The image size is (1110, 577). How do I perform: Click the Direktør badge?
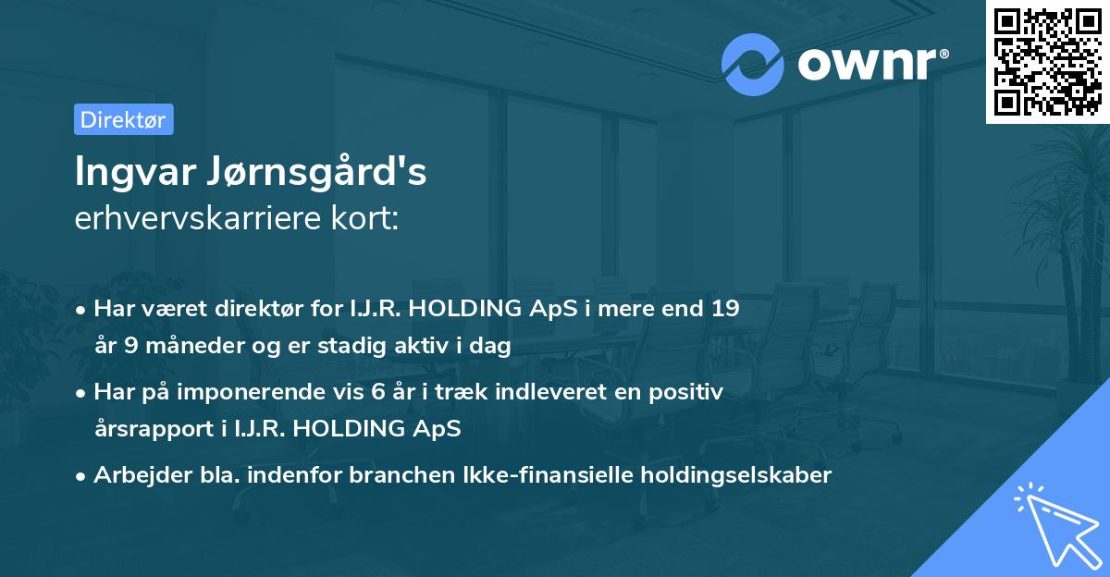123,119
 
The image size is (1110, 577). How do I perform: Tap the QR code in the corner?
1046,61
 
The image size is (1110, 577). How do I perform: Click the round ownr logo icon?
753,64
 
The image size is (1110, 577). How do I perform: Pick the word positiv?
688,391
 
